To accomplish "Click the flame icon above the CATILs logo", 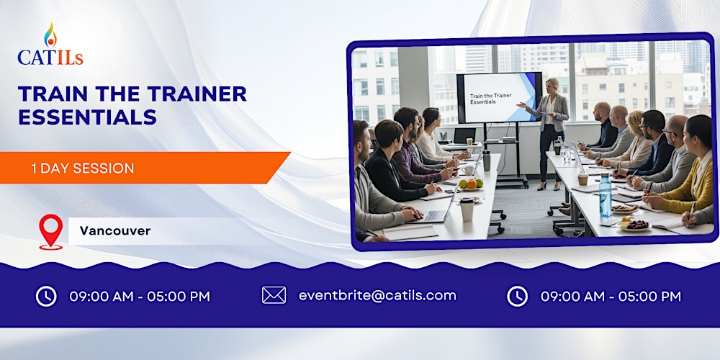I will (x=50, y=34).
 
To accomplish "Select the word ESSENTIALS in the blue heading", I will (x=87, y=117).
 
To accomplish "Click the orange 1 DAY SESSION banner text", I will (x=82, y=168).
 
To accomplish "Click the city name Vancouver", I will (x=115, y=231).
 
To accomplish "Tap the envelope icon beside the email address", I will (x=274, y=295).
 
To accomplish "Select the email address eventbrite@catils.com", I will (x=377, y=295).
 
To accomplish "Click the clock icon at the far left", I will (x=46, y=296).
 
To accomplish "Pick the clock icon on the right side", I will (x=517, y=296).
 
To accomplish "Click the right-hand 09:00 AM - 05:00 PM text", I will (x=611, y=296).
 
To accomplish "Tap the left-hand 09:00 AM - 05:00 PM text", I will (x=140, y=296).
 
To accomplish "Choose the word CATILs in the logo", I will (x=50, y=58).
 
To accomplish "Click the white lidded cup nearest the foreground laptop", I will (x=467, y=208).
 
